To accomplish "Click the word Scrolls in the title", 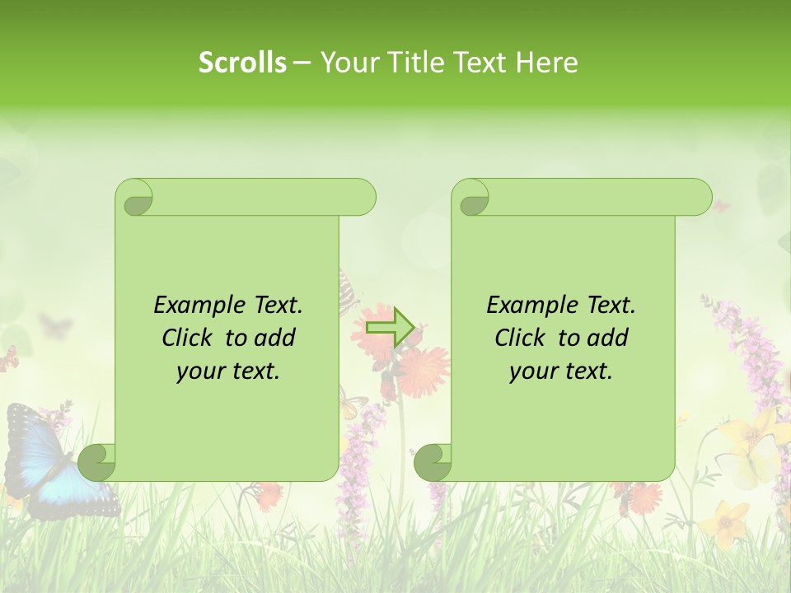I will (243, 63).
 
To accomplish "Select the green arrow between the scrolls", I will (390, 327).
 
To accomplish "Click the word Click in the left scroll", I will (189, 338).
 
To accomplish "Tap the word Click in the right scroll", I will (522, 338).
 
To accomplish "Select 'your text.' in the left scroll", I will (228, 371).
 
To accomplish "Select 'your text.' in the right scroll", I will (561, 371).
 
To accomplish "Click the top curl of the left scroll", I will (135, 198).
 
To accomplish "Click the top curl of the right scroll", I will (473, 198).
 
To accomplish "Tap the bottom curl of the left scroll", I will (97, 461).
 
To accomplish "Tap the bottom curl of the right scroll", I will (433, 461).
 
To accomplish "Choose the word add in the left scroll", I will (276, 338).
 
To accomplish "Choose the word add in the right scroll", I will (609, 338).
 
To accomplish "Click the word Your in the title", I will (348, 63).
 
